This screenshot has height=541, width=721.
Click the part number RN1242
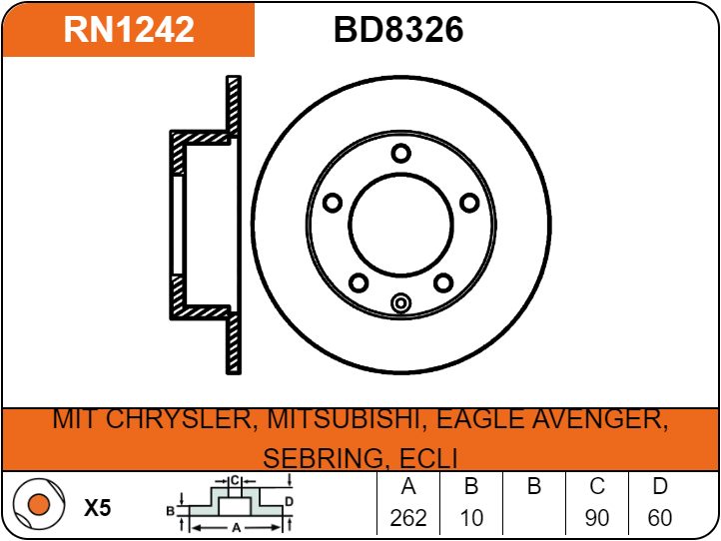[x=129, y=29]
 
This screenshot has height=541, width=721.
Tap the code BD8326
[x=398, y=29]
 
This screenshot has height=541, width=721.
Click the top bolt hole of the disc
[x=401, y=153]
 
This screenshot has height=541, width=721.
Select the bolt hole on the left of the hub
[x=333, y=203]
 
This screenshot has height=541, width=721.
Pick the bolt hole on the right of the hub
[x=469, y=203]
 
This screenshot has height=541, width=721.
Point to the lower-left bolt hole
[x=359, y=282]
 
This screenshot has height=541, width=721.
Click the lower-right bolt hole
[x=443, y=282]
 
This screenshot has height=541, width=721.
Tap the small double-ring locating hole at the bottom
[x=401, y=302]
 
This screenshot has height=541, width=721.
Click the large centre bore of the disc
[x=401, y=226]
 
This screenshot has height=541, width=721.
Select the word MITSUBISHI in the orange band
[x=345, y=419]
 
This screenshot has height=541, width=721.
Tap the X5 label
[x=98, y=508]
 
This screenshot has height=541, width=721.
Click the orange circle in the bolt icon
[x=39, y=504]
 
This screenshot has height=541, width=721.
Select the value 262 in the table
[x=408, y=518]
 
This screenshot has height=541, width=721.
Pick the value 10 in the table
[x=471, y=518]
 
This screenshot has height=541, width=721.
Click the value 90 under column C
[x=597, y=518]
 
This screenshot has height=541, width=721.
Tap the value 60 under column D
[x=660, y=518]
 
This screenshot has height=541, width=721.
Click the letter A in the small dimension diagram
[x=237, y=528]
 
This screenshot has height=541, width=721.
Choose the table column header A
[x=408, y=486]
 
